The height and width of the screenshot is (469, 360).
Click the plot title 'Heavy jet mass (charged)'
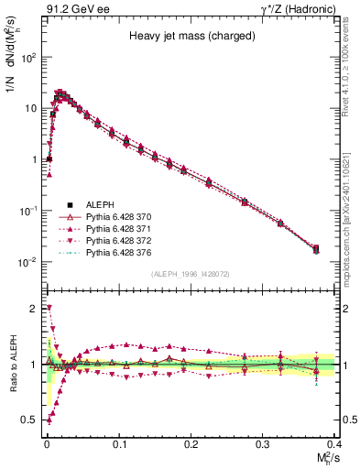pos(188,38)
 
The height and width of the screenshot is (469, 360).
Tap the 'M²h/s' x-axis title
pos(324,458)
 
